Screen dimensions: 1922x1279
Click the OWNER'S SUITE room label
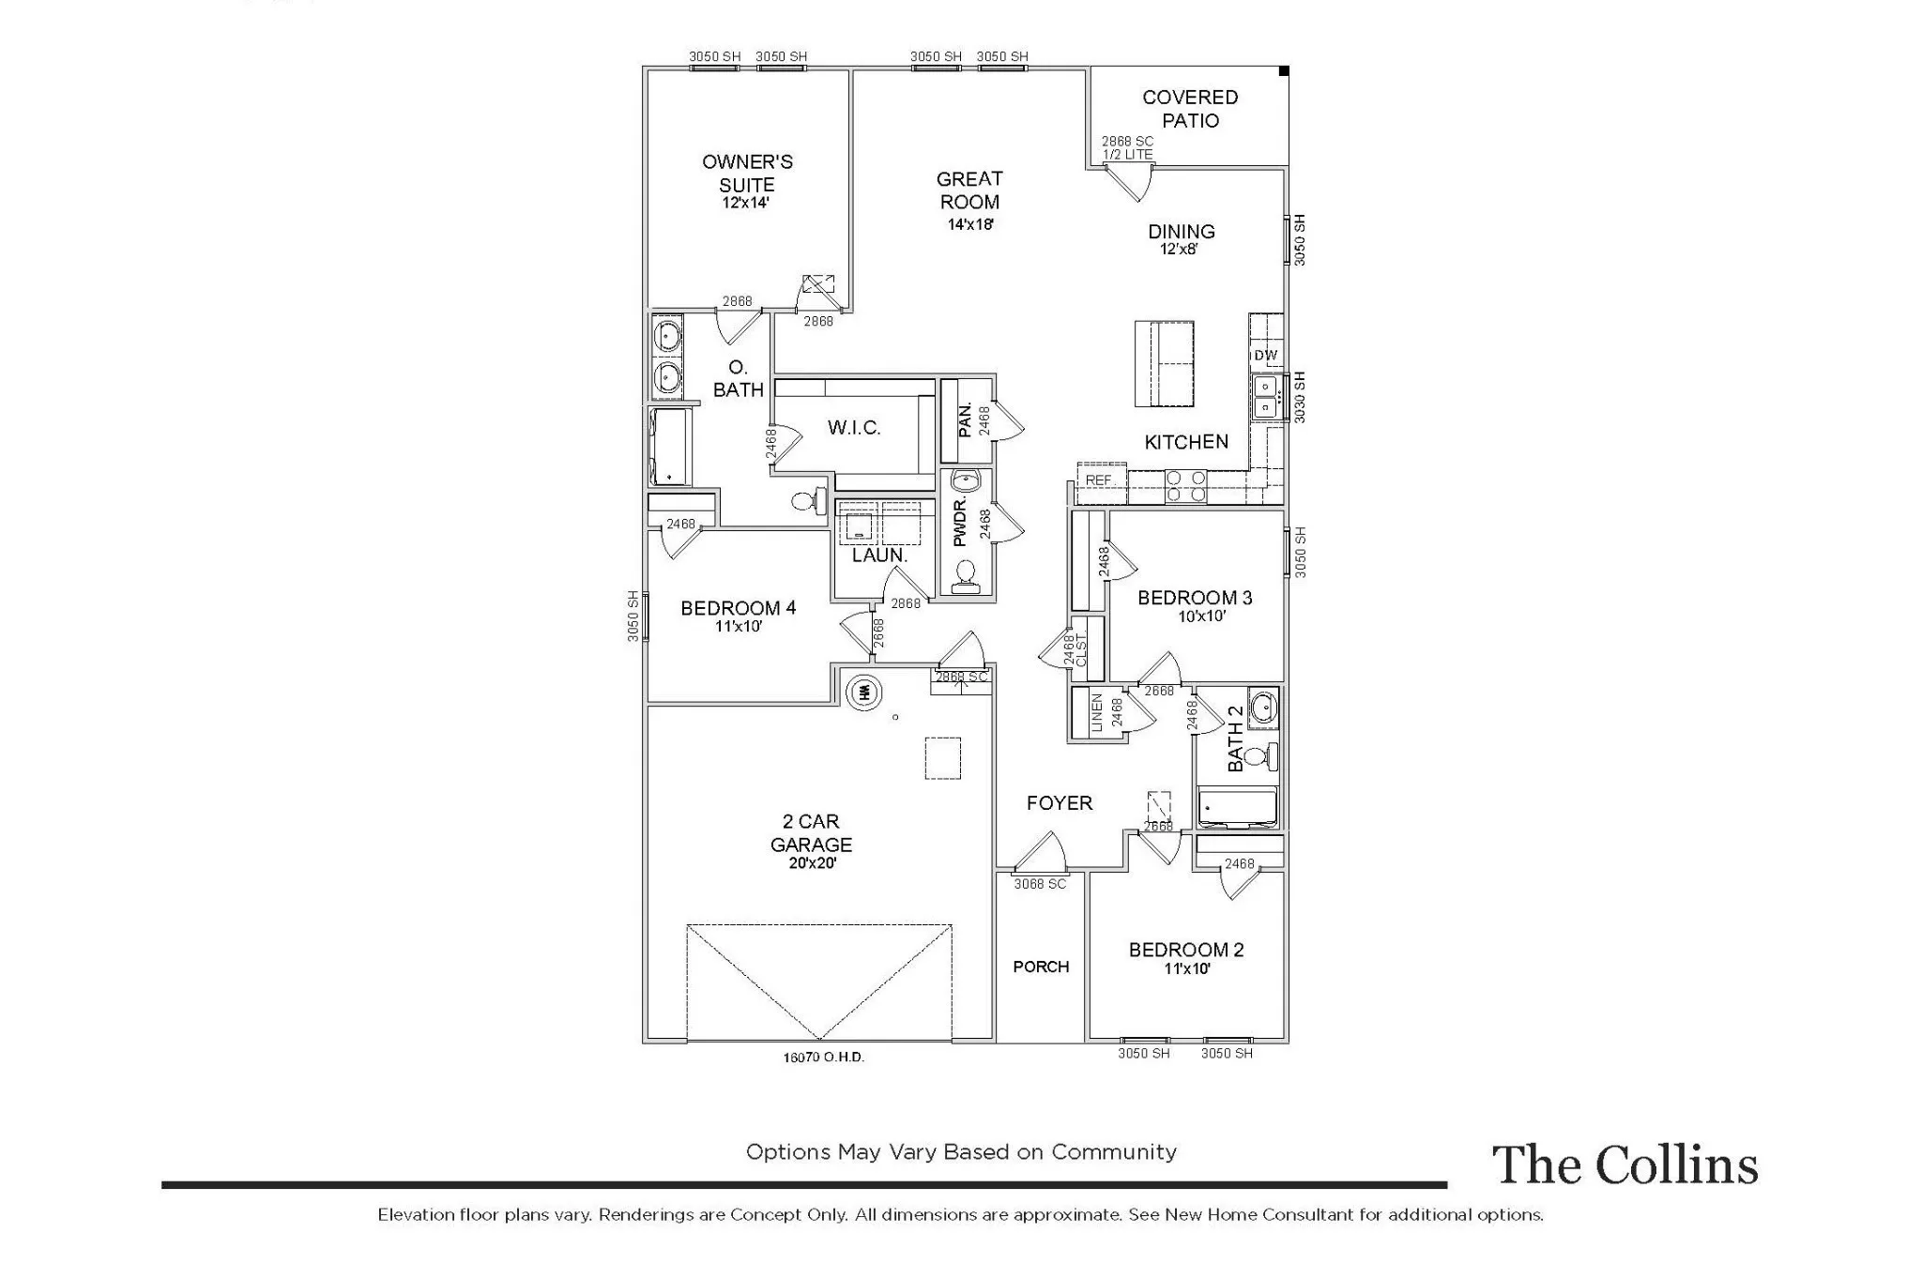click(747, 174)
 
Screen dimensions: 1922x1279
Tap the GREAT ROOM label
click(969, 190)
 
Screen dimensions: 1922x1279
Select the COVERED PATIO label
click(1190, 109)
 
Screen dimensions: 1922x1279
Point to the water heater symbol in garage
click(864, 693)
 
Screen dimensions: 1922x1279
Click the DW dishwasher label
click(1265, 355)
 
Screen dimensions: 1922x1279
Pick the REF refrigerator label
click(1098, 480)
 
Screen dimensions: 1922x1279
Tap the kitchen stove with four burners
click(1185, 487)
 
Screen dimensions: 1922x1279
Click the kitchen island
click(1164, 363)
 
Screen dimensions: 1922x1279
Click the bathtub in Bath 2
click(1238, 808)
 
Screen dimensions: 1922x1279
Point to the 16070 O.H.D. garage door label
click(823, 1057)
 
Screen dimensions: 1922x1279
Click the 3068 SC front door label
click(1040, 884)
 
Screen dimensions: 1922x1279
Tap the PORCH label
click(1041, 967)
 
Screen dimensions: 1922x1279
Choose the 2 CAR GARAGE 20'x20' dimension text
click(812, 863)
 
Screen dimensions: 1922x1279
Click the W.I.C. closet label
click(854, 428)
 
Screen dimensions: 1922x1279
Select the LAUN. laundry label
click(879, 555)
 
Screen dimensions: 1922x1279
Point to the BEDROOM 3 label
click(1195, 598)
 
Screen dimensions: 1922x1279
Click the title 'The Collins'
click(1625, 1165)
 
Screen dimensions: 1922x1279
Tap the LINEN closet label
click(1097, 712)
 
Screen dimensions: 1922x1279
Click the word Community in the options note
click(1113, 1152)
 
